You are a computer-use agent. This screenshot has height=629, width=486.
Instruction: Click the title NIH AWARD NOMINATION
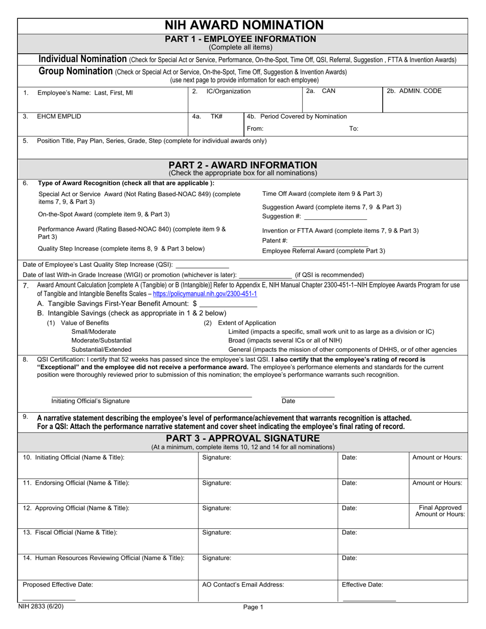click(244, 25)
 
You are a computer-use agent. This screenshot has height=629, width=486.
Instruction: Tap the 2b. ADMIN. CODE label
click(414, 92)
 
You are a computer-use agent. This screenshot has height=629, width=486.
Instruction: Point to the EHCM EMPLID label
click(59, 117)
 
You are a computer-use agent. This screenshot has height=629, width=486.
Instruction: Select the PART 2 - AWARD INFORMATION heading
click(242, 165)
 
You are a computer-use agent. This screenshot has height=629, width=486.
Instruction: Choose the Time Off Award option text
click(322, 194)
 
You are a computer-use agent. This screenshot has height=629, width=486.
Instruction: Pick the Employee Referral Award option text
click(323, 251)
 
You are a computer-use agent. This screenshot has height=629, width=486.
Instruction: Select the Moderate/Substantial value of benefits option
click(101, 340)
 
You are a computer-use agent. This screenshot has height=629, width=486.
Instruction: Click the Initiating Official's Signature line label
click(91, 401)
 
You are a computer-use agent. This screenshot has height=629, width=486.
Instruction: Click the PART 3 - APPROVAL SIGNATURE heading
click(242, 438)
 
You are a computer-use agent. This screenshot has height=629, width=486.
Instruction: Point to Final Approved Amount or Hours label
click(440, 511)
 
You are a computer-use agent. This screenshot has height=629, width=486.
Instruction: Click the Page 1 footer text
click(253, 608)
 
